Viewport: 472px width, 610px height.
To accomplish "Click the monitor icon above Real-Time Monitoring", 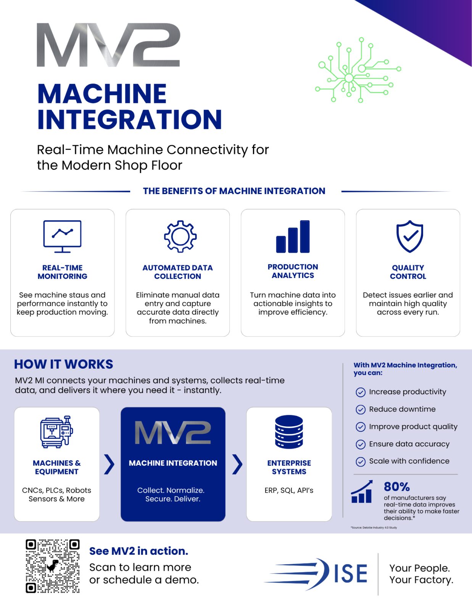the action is click(x=62, y=236).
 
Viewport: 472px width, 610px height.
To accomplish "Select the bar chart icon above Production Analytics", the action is click(x=293, y=237).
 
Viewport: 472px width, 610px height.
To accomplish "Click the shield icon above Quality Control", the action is click(x=410, y=236).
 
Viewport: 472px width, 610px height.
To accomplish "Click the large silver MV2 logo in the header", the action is click(x=108, y=45).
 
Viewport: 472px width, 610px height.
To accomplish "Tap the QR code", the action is click(x=53, y=566).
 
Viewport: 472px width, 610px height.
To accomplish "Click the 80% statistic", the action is click(x=397, y=486).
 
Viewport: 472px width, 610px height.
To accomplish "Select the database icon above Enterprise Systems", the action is click(x=289, y=432).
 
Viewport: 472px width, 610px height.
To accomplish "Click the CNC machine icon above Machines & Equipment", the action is click(x=56, y=432).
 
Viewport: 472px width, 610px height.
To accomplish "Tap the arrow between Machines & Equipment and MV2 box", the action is click(x=110, y=464).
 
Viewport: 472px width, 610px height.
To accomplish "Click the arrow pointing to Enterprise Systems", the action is click(x=237, y=464).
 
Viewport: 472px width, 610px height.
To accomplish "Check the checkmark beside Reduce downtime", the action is click(x=361, y=409).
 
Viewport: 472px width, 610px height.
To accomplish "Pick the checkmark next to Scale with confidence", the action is click(x=361, y=461).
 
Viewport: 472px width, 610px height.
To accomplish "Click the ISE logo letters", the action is click(x=351, y=573).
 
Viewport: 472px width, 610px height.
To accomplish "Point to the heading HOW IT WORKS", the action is click(x=63, y=364).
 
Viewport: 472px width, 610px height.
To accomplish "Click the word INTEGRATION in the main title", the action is click(x=129, y=119).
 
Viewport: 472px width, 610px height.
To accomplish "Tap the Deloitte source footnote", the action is click(x=374, y=528).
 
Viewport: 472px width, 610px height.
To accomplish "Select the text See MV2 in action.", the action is click(x=139, y=551).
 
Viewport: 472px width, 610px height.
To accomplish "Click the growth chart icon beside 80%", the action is click(x=362, y=491).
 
